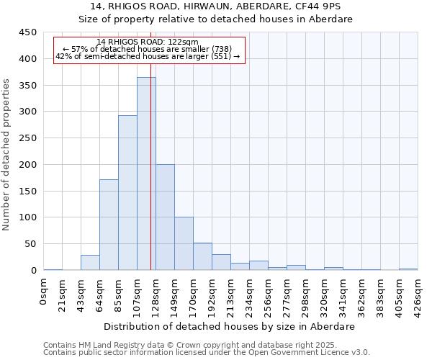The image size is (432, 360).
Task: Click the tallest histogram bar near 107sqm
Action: (146, 174)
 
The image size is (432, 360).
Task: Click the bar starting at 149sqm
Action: (184, 243)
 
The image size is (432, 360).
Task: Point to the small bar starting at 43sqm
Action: (90, 263)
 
